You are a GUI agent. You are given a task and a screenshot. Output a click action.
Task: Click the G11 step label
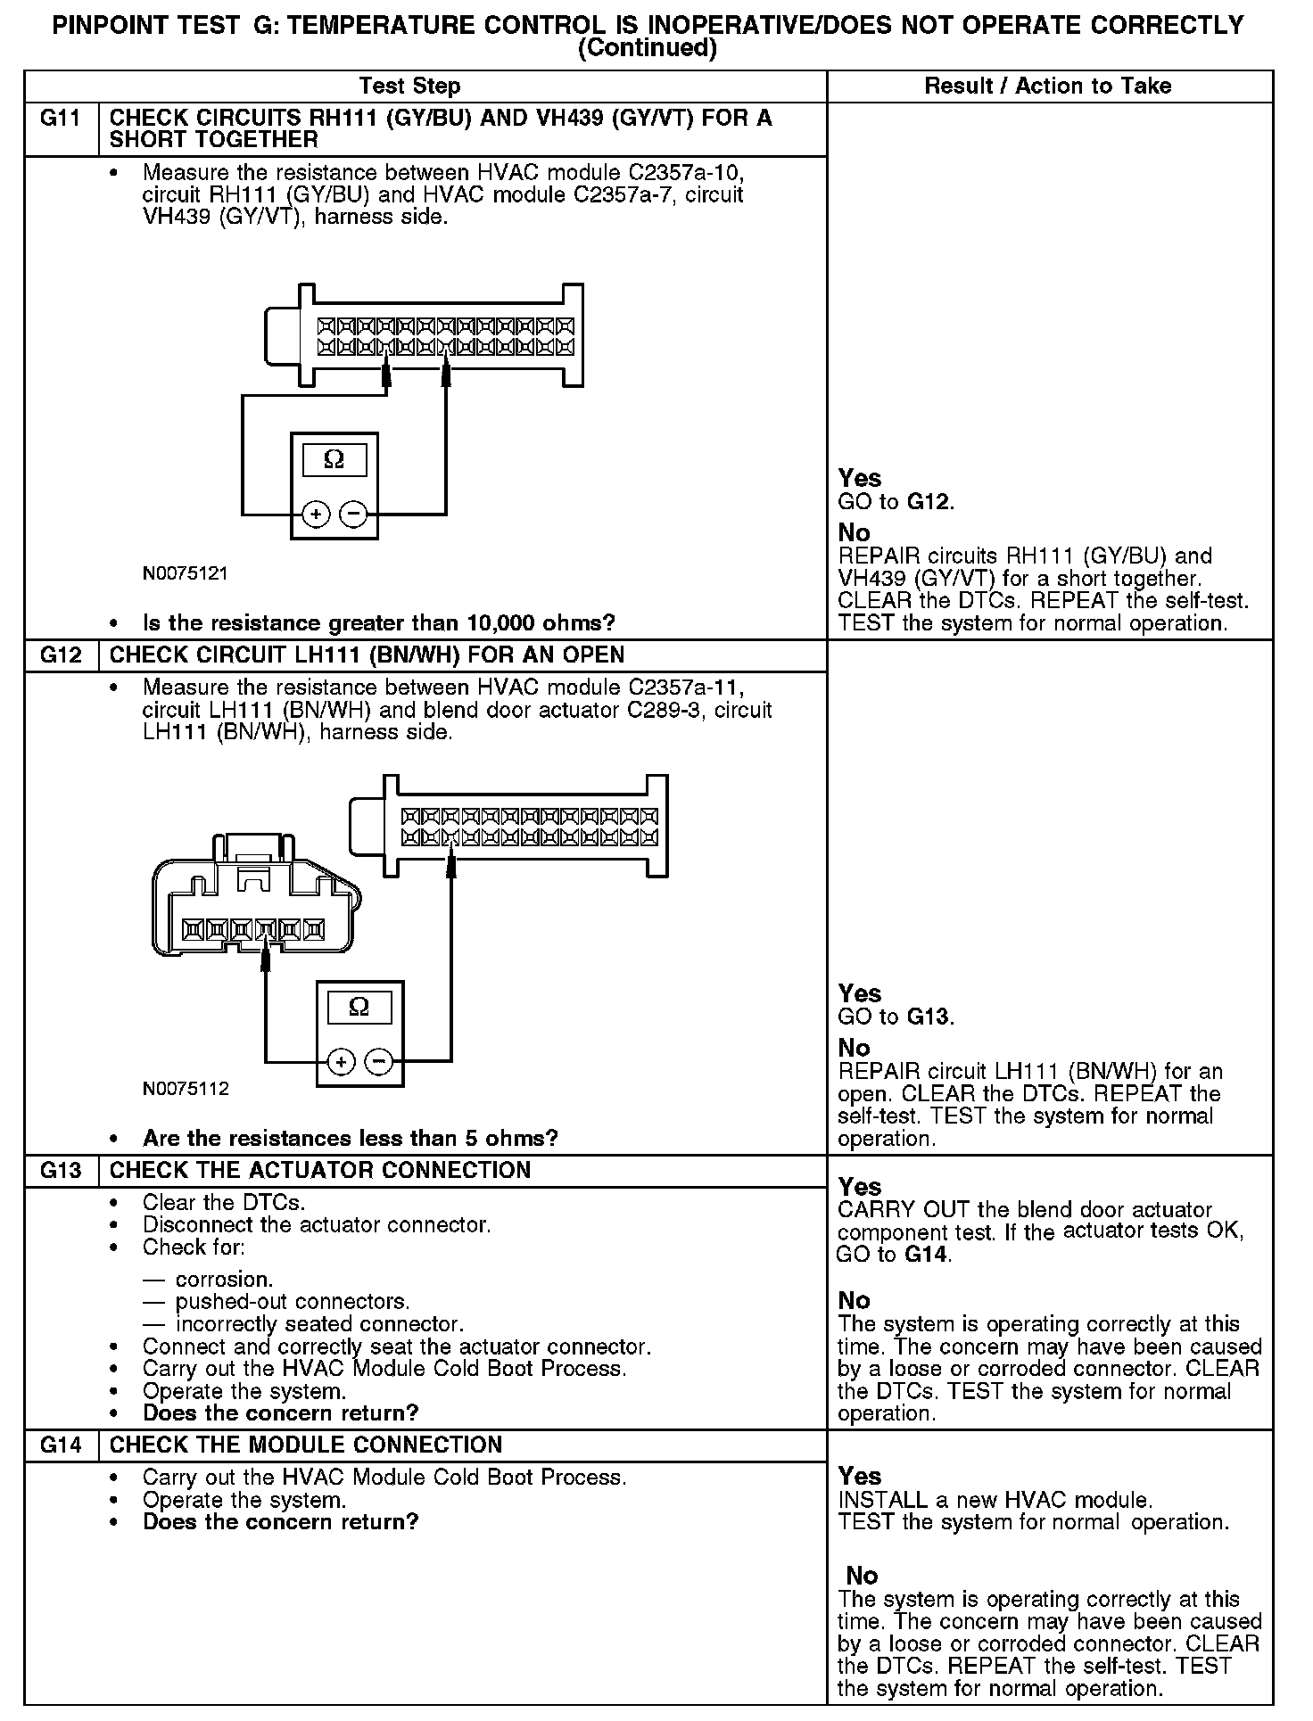tap(60, 119)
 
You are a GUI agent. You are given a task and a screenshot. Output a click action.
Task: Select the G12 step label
tap(60, 655)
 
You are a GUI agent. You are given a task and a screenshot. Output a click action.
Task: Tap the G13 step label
tap(60, 1170)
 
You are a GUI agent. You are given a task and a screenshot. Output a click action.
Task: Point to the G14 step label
tap(60, 1445)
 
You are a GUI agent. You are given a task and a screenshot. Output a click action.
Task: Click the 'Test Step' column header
tap(409, 86)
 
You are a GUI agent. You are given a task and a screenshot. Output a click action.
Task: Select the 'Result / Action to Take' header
tap(1048, 86)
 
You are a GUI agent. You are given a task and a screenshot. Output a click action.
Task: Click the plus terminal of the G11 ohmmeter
tap(316, 515)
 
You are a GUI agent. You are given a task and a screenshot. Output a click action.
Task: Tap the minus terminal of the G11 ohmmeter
tap(354, 515)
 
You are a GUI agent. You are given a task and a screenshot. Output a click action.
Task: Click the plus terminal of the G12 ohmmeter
tap(341, 1062)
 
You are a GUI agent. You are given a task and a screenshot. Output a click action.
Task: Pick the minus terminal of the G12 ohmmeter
tap(379, 1062)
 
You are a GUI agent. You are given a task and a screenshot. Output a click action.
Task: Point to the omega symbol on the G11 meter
tap(334, 459)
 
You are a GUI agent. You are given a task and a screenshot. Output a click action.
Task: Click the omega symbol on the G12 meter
tap(359, 1007)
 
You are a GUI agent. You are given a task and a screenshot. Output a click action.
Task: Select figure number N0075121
tap(186, 574)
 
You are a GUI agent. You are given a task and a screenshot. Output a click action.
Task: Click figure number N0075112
tap(186, 1089)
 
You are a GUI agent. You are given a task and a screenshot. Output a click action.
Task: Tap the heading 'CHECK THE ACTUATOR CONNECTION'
tap(319, 1170)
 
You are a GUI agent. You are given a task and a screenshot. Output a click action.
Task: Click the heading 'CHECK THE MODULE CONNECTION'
tap(305, 1445)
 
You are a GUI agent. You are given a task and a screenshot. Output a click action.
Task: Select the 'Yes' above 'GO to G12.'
tap(859, 479)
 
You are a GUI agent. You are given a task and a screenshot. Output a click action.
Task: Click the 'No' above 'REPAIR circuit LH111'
tap(854, 1048)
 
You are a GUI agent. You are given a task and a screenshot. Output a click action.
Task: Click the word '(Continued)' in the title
tap(648, 48)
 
